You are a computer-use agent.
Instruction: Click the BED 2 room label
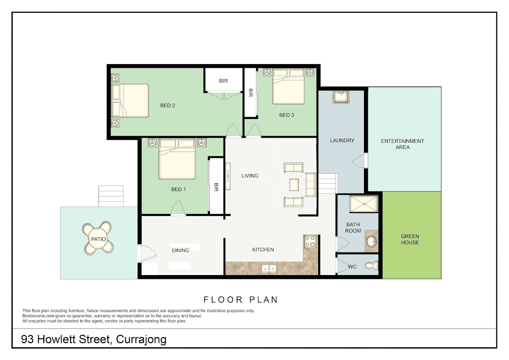pyautogui.click(x=168, y=106)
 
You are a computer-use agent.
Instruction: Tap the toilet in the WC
pyautogui.click(x=372, y=265)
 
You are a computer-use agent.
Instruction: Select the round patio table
pyautogui.click(x=98, y=239)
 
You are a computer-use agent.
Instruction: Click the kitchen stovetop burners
pyautogui.click(x=310, y=241)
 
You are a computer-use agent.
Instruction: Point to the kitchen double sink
pyautogui.click(x=269, y=269)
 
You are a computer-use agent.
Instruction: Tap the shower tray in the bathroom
pyautogui.click(x=364, y=204)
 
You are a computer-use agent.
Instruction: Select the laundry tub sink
pyautogui.click(x=341, y=97)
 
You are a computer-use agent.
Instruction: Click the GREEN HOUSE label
pyautogui.click(x=410, y=239)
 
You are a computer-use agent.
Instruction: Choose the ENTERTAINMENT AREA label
pyautogui.click(x=403, y=144)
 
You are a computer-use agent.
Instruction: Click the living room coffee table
pyautogui.click(x=294, y=185)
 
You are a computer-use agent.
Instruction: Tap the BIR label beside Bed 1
pyautogui.click(x=216, y=187)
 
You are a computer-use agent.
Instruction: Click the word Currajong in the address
pyautogui.click(x=141, y=340)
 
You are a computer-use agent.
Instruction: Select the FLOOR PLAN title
pyautogui.click(x=241, y=300)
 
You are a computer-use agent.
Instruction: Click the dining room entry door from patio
pyautogui.click(x=147, y=253)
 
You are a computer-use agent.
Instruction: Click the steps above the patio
pyautogui.click(x=111, y=196)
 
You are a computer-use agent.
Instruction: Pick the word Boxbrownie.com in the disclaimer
pyautogui.click(x=39, y=316)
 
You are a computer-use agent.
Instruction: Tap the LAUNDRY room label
pyautogui.click(x=342, y=141)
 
